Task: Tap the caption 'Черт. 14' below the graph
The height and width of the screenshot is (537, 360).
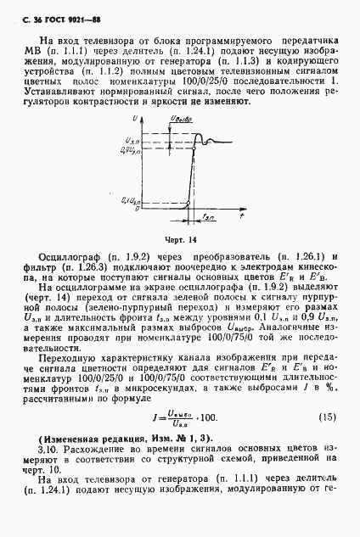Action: pyautogui.click(x=180, y=240)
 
